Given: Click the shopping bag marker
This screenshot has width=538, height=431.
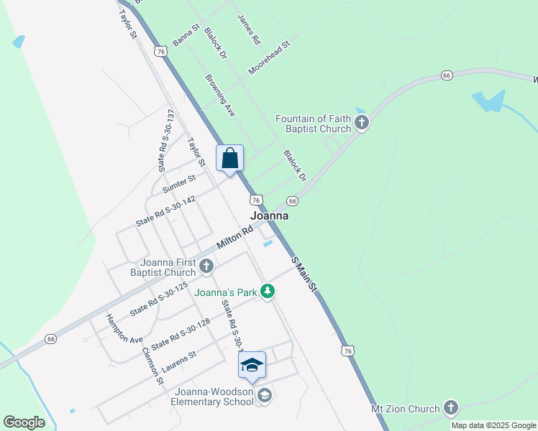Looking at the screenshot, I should [x=230, y=158].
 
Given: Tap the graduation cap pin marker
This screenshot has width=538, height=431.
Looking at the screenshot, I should [x=252, y=365].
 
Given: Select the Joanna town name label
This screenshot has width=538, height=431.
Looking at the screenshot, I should [x=270, y=215].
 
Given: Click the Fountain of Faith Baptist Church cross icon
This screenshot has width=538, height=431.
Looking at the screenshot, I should [x=362, y=124].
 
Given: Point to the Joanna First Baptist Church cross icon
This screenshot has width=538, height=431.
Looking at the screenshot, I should [x=206, y=267].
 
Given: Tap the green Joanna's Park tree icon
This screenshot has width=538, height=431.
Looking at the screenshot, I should [x=268, y=292].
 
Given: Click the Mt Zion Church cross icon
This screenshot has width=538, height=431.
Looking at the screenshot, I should [x=450, y=409].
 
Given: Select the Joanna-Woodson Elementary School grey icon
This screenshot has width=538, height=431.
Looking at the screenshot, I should [x=265, y=396].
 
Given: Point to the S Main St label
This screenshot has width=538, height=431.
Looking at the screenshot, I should [x=304, y=273].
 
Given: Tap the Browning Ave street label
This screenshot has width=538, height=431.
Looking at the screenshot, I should [x=220, y=96].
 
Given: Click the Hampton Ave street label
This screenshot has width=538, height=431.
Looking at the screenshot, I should [x=124, y=328].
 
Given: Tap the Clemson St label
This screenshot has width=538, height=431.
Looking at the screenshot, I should [x=153, y=365].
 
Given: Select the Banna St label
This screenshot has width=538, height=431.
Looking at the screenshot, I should [x=186, y=34].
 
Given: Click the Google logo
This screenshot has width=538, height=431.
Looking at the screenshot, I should [x=24, y=422].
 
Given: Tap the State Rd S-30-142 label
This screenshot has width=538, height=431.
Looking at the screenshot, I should [x=166, y=212].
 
